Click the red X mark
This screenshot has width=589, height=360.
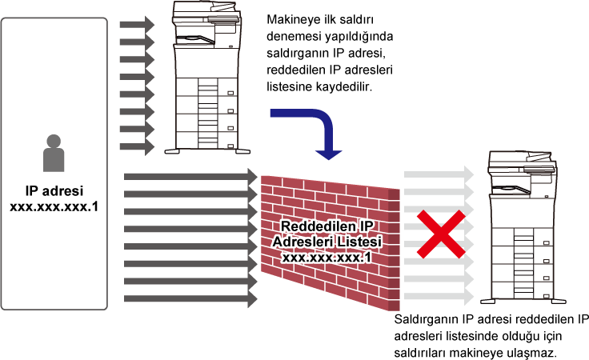pos(440,234)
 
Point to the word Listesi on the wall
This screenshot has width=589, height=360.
pos(357,242)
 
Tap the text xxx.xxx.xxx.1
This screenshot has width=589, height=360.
pos(327,257)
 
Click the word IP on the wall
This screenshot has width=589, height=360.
pos(365,226)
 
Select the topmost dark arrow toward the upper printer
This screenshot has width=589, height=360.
pos(137,25)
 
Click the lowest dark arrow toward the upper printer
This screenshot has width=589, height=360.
pos(137,147)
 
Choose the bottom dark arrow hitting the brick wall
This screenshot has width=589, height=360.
pos(190,299)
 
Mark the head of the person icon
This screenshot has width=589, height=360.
pos(54,141)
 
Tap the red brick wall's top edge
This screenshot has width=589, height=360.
pos(330,182)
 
